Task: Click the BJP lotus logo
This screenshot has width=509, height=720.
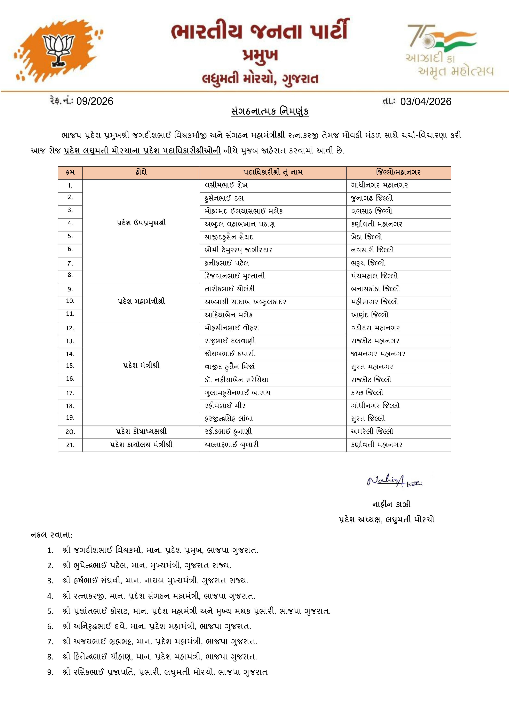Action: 58,50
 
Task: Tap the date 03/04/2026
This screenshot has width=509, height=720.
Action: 426,102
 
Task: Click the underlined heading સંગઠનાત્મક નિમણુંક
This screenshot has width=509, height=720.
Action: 270,111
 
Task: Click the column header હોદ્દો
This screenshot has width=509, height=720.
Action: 141,172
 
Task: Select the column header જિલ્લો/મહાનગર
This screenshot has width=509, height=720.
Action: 398,172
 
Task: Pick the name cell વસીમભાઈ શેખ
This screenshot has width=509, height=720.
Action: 226,185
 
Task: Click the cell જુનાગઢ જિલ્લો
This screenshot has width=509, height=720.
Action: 372,198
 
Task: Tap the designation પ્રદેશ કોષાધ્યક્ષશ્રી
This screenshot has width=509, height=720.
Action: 141,432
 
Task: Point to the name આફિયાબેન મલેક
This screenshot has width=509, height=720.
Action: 228,315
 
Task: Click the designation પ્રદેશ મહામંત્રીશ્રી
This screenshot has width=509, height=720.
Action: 141,302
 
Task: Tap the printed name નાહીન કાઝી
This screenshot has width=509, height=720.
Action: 391,504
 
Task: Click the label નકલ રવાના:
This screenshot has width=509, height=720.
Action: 51,535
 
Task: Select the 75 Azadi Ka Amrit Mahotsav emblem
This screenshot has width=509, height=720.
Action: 448,50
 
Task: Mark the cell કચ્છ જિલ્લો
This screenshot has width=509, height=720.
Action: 367,393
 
